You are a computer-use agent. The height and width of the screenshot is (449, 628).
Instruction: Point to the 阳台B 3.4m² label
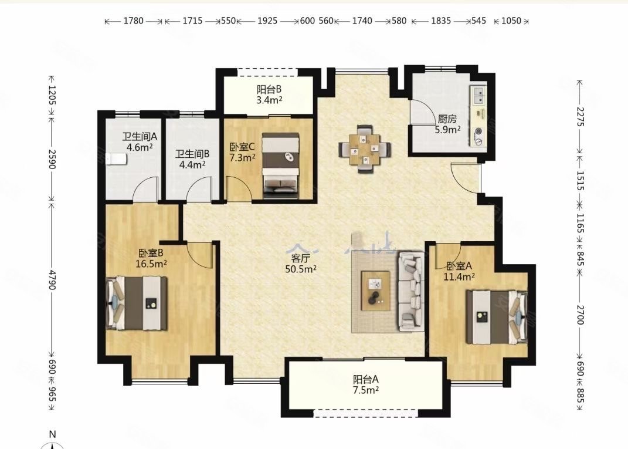269,94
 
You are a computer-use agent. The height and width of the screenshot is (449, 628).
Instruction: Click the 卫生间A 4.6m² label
138,142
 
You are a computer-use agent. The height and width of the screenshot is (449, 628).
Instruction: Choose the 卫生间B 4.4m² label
193,159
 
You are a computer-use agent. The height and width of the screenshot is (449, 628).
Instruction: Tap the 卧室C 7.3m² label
242,152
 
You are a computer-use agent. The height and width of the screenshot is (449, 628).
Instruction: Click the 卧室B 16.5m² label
152,258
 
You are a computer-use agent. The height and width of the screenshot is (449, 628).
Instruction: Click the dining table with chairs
364,149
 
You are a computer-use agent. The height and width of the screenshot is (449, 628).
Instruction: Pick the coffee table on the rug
375,290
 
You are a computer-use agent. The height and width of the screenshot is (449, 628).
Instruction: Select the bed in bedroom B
137,303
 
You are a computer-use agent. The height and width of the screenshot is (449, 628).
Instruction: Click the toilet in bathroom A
115,159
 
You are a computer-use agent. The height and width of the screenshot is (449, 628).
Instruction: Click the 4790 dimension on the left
52,279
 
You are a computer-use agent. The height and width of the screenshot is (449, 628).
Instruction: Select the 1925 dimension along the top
267,21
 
